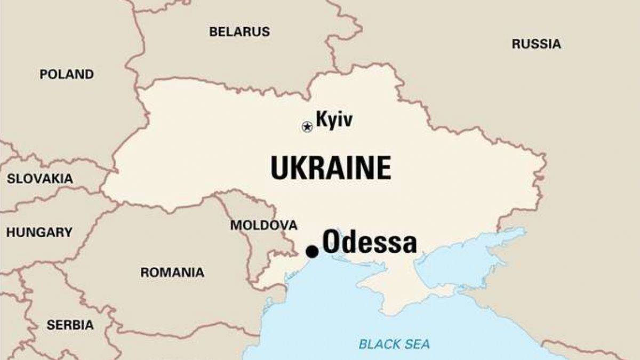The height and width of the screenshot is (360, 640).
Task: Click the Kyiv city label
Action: (334, 119)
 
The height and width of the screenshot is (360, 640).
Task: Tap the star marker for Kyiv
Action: (307, 126)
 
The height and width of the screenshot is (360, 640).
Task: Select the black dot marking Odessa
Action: (312, 251)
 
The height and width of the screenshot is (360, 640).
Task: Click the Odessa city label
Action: (369, 243)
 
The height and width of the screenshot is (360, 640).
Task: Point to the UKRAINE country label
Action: (331, 167)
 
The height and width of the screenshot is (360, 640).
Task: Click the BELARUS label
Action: (239, 31)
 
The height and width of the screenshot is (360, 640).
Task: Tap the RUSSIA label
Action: (536, 44)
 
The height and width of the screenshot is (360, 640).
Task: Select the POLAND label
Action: (67, 75)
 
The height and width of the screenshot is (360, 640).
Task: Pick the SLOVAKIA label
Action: (40, 179)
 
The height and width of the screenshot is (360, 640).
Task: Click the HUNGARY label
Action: (39, 233)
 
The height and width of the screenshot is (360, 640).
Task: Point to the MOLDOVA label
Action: (263, 225)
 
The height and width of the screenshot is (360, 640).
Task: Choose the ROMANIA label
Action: (172, 273)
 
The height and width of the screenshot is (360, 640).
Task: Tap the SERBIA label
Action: (70, 325)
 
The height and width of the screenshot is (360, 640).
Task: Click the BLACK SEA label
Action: (394, 344)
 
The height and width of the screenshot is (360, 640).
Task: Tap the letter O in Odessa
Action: (332, 243)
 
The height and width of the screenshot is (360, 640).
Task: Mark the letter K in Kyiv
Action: (321, 119)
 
